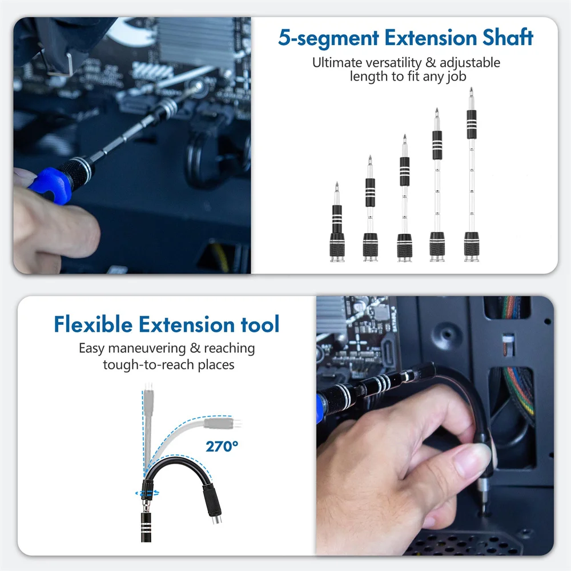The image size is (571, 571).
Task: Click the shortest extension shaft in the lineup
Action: (337, 226)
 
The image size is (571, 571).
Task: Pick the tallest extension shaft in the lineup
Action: (471, 177)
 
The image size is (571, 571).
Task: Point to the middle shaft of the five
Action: (404, 200)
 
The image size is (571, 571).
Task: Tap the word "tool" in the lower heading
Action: (259, 324)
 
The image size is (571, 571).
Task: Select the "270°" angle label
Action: (222, 447)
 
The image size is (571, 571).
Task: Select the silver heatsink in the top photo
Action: (194, 40)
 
